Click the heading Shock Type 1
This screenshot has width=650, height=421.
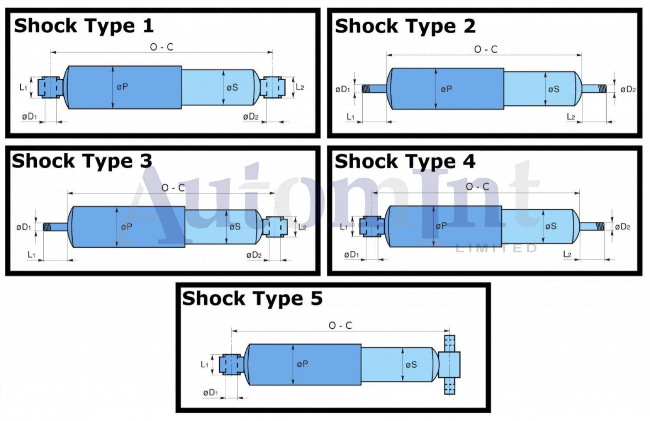(x=84, y=26)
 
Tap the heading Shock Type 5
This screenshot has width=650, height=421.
(x=252, y=298)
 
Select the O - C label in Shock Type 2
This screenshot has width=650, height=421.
(x=485, y=49)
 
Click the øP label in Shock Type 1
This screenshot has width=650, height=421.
(x=122, y=87)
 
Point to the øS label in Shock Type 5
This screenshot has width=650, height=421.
(x=411, y=365)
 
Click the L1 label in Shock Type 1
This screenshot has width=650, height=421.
(x=23, y=87)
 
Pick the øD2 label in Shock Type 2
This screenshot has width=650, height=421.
(x=628, y=90)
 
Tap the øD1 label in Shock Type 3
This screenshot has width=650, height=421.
(x=23, y=227)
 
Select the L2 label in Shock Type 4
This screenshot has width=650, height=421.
(x=567, y=254)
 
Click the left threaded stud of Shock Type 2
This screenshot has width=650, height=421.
(x=374, y=89)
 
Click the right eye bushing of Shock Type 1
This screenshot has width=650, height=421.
(x=273, y=87)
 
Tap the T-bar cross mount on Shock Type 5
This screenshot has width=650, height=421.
(x=449, y=365)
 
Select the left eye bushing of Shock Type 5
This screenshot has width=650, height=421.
(x=231, y=365)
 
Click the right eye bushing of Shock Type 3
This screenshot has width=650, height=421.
(x=276, y=227)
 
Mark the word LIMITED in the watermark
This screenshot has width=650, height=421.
(x=496, y=248)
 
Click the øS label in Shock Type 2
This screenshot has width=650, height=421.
(x=553, y=90)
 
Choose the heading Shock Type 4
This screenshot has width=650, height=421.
(x=405, y=162)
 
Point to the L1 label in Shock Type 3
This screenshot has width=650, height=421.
(x=31, y=255)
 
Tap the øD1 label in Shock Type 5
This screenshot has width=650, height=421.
(x=210, y=392)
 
